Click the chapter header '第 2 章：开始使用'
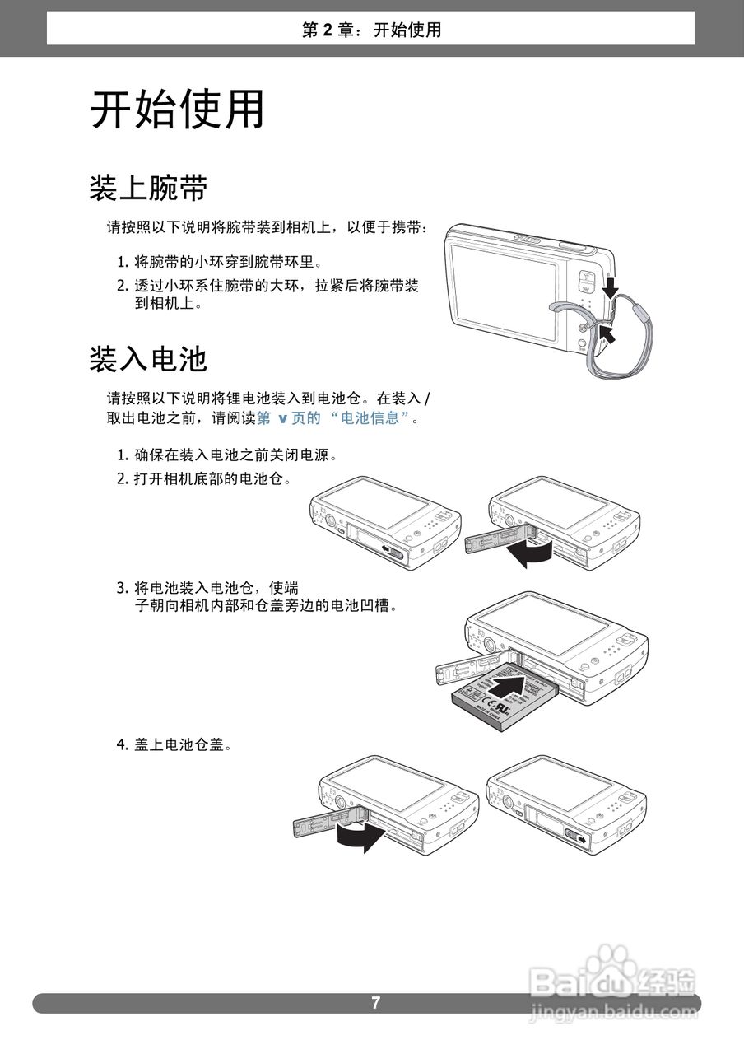point(371,30)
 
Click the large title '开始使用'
point(177,110)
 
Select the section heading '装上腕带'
point(148,189)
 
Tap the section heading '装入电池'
point(148,359)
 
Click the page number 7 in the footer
point(375,1003)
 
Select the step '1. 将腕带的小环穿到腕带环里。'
point(218,263)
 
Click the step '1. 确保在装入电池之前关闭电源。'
point(227,455)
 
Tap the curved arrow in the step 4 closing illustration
point(360,838)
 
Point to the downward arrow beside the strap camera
point(610,287)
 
